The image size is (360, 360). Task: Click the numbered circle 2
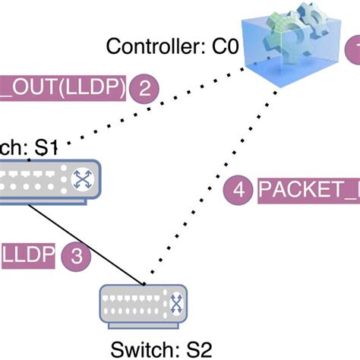pyautogui.click(x=144, y=88)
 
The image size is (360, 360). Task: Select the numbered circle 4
pyautogui.click(x=239, y=190)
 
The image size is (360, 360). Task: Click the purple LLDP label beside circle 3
pyautogui.click(x=27, y=255)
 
